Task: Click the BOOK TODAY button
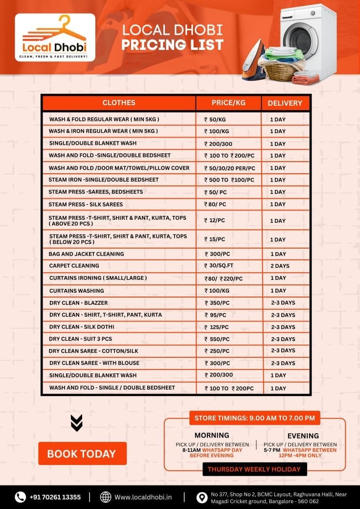point(82,454)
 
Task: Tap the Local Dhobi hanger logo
point(55,37)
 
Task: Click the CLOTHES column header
point(118,103)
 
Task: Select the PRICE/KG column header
point(228,103)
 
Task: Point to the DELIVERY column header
point(285,103)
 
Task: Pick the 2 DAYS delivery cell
point(280,266)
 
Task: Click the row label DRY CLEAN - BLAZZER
point(78,303)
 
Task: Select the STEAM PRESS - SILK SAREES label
point(86,204)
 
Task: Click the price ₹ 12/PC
point(215,221)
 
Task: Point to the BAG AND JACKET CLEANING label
point(86,254)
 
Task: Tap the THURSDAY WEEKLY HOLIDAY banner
point(254,469)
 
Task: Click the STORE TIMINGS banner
point(254,418)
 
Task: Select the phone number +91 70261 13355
point(55,497)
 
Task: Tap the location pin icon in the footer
point(201,497)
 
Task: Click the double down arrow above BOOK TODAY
point(76,423)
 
